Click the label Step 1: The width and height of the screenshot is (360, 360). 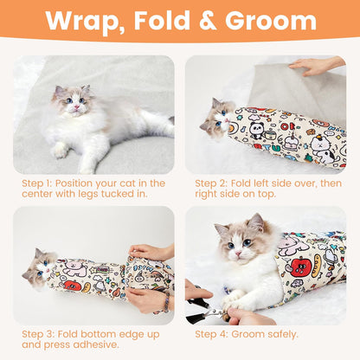tap(38, 183)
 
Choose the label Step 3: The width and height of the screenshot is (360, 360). tap(38, 332)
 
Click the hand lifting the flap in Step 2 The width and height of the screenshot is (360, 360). tap(316, 67)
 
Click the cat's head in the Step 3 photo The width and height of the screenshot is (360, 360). tap(40, 267)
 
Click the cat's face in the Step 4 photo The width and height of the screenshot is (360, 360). tap(234, 241)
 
